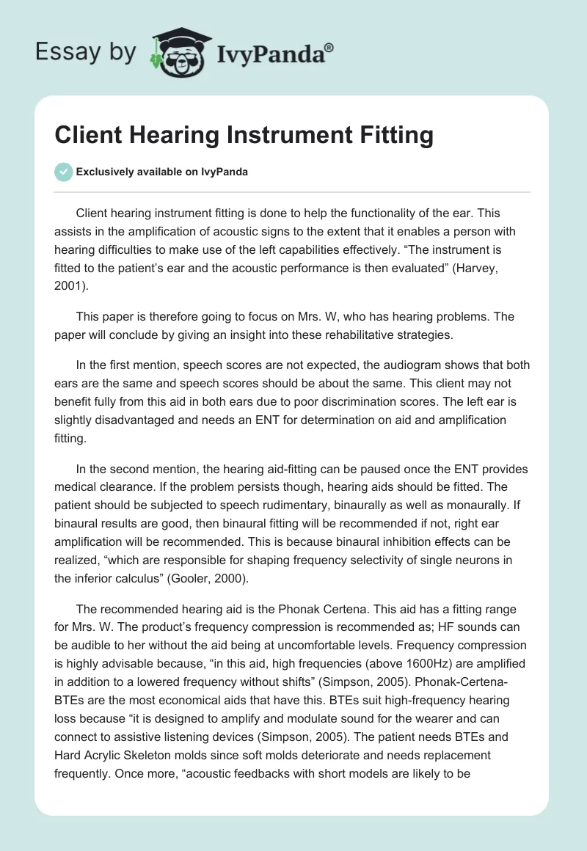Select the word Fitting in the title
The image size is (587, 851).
pyautogui.click(x=388, y=136)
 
